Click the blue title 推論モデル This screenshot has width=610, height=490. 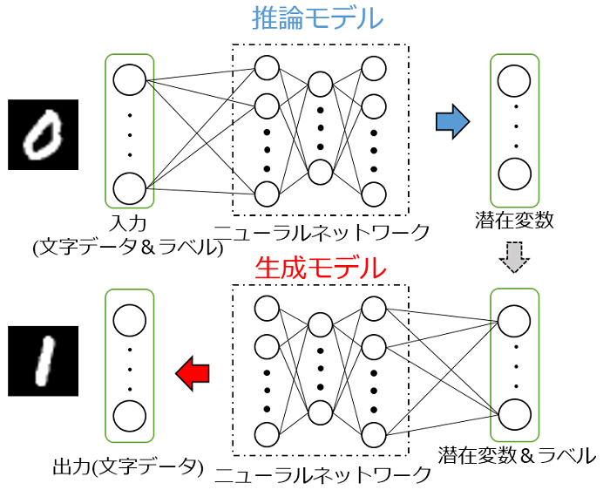tap(317, 19)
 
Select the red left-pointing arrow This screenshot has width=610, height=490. tap(193, 373)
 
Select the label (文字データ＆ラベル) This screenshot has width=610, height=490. tap(129, 247)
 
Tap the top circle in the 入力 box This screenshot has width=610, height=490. tap(129, 81)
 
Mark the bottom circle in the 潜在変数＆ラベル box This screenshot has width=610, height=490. tap(514, 412)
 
